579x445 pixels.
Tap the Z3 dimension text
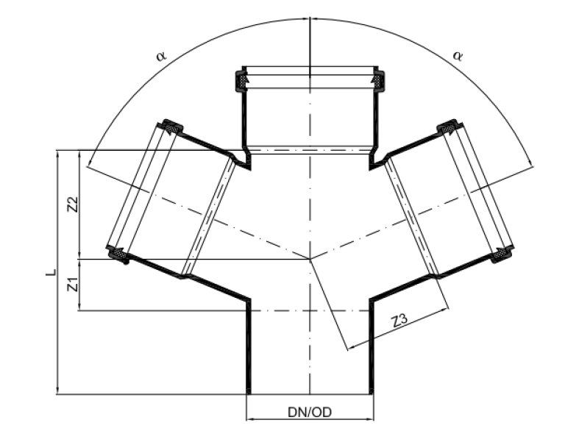400,321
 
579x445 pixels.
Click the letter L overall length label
49,272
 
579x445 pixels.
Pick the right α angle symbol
458,56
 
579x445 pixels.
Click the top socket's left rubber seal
241,80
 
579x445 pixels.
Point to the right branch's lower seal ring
502,254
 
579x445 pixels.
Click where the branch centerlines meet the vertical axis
310,259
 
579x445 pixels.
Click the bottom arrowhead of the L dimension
57,391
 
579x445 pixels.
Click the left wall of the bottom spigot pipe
247,346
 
